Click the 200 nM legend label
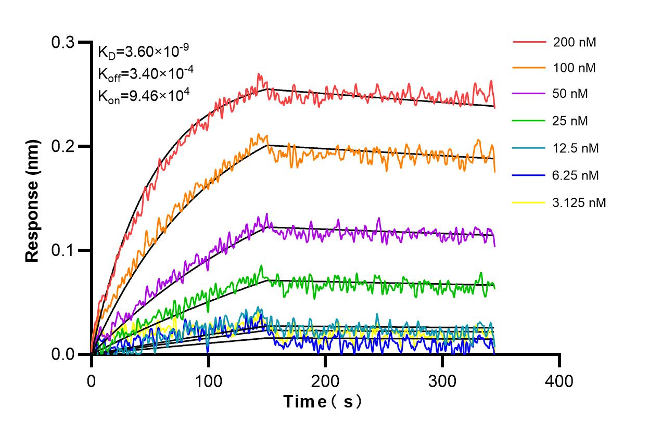pos(575,42)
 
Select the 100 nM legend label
pos(575,68)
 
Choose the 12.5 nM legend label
pos(576,148)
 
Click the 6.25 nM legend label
pos(576,175)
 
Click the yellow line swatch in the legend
pos(529,202)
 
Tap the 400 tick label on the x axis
pos(559,381)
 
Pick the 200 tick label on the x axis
pos(325,381)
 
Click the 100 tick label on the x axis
pos(208,381)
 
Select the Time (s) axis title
pos(323,401)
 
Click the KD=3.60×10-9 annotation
pos(143,52)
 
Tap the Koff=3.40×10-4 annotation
pos(146,73)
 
